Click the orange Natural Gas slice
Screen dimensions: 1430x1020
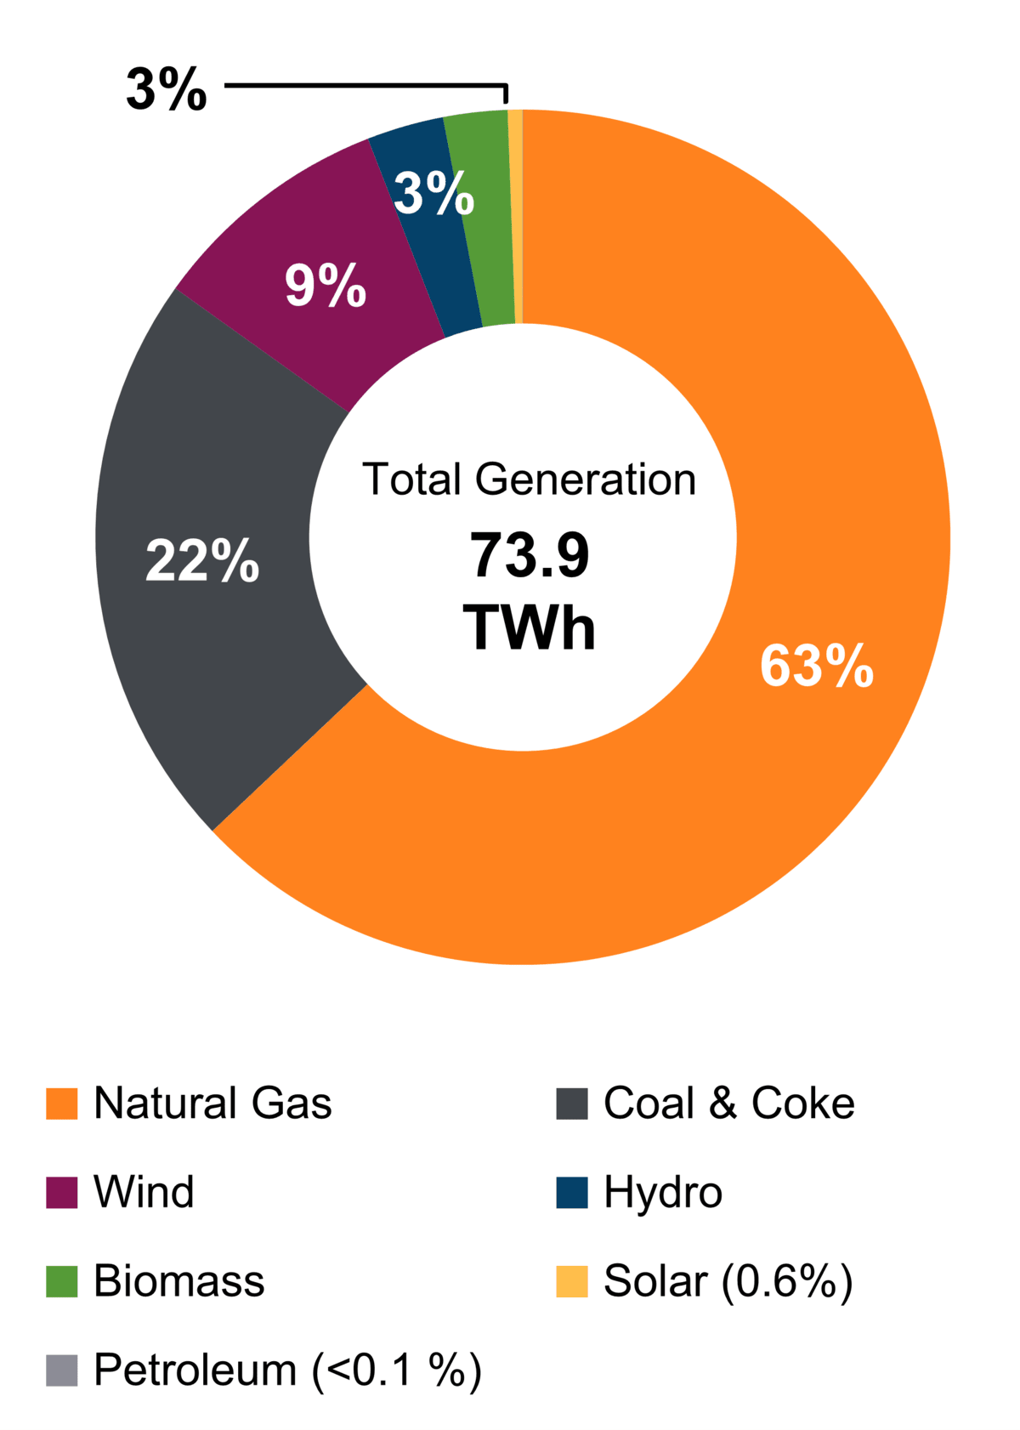pyautogui.click(x=765, y=765)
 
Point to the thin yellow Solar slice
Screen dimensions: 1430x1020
pyautogui.click(x=515, y=213)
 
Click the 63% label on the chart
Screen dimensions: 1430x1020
pyautogui.click(x=816, y=666)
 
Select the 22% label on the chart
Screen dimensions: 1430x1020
pyautogui.click(x=202, y=561)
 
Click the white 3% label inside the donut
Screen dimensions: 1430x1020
pyautogui.click(x=433, y=193)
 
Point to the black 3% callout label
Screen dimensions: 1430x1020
pyautogui.click(x=167, y=88)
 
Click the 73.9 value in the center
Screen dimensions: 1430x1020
pyautogui.click(x=529, y=556)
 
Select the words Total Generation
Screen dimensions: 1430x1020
pyautogui.click(x=529, y=480)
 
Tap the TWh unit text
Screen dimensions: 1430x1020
pyautogui.click(x=529, y=628)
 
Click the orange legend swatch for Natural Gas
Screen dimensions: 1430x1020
pyautogui.click(x=61, y=1104)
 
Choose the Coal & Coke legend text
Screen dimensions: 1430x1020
pyautogui.click(x=728, y=1104)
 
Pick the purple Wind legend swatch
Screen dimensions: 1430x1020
pyautogui.click(x=61, y=1192)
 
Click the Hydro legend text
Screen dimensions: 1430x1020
pyautogui.click(x=663, y=1192)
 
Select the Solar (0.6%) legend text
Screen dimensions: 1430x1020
pyautogui.click(x=728, y=1281)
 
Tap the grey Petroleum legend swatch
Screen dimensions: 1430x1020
pyautogui.click(x=61, y=1370)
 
